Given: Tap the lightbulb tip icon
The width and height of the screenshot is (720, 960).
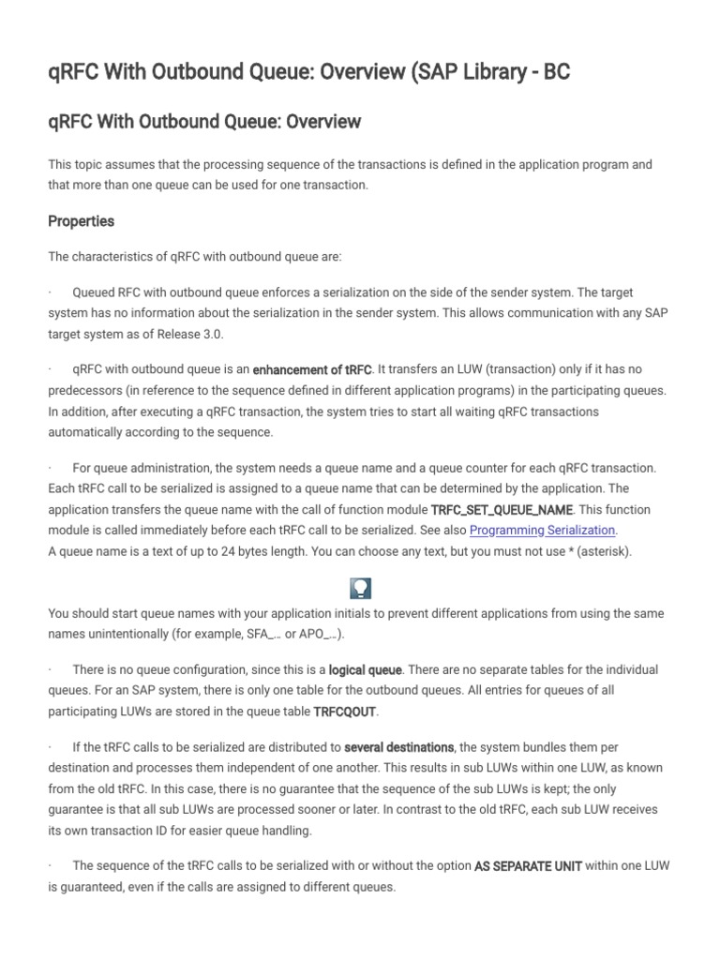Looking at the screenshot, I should tap(360, 588).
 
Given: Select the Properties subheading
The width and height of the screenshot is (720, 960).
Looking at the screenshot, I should tap(82, 221).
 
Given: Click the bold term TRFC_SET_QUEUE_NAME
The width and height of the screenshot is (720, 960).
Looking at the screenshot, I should tap(500, 510).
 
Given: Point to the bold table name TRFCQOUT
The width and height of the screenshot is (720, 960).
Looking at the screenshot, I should tap(352, 712).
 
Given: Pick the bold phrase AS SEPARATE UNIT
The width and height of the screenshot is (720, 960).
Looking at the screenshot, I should tap(529, 866).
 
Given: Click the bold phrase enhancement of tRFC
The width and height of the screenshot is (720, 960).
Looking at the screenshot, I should tap(313, 370).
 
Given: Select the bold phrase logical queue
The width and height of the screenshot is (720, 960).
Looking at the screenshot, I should tap(366, 670).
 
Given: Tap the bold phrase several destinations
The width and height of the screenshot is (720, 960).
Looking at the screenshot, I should tap(399, 747).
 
